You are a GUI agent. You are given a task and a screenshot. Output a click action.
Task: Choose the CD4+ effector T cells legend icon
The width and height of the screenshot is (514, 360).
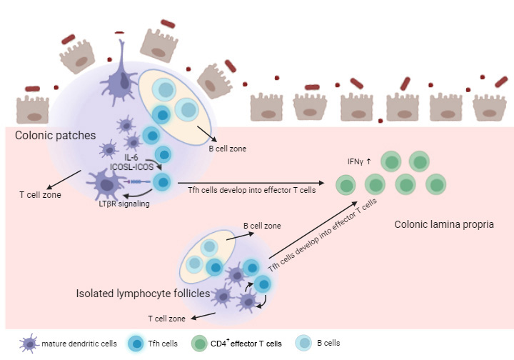[x=201, y=343]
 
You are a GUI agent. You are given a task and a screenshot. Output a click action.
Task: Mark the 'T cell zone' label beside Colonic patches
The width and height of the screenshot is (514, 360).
[x=40, y=194]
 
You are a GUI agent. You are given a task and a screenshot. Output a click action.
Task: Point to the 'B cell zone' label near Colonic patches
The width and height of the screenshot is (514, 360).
[x=227, y=151]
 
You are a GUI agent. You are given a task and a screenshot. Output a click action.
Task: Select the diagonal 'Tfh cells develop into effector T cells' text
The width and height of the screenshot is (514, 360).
[x=322, y=235]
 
